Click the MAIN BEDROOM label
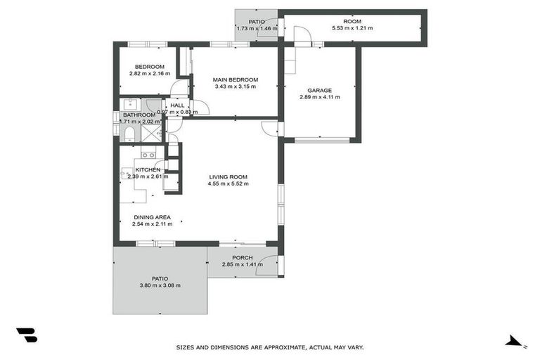point(236,79)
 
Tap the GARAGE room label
point(319,90)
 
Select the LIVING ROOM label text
point(228,176)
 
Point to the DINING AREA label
point(151,217)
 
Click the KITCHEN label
point(148,169)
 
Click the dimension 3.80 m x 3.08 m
point(160,285)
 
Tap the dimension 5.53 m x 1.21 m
point(352,29)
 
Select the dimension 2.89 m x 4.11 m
point(319,97)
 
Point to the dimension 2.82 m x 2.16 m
point(149,74)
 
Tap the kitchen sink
point(148,155)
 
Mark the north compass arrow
point(515,342)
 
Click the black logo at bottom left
point(26,335)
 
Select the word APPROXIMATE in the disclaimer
point(274,347)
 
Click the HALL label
point(177,105)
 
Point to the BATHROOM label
point(139,115)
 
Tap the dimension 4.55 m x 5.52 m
point(228,184)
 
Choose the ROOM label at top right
point(352,22)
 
